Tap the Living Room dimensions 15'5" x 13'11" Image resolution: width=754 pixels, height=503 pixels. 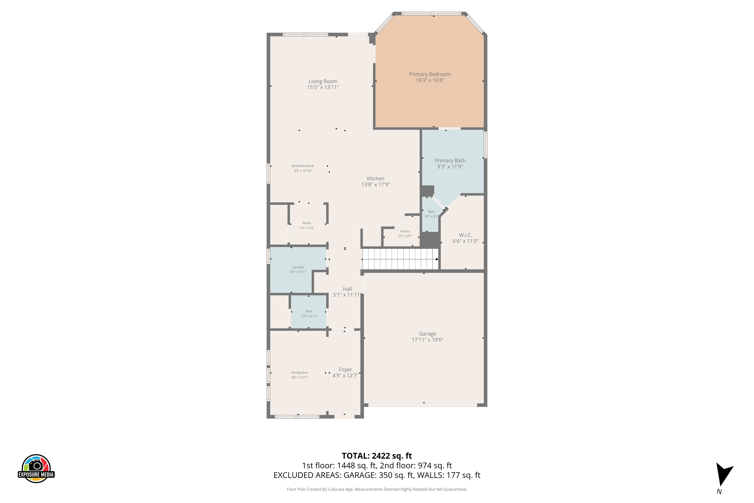pyautogui.click(x=323, y=87)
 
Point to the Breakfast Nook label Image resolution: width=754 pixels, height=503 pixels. pyautogui.click(x=303, y=166)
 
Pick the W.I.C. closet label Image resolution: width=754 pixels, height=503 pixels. pyautogui.click(x=465, y=235)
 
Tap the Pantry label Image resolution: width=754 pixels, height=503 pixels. pyautogui.click(x=405, y=231)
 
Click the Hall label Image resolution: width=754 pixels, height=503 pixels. pyautogui.click(x=347, y=289)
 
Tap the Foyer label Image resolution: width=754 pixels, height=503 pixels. pyautogui.click(x=345, y=369)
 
